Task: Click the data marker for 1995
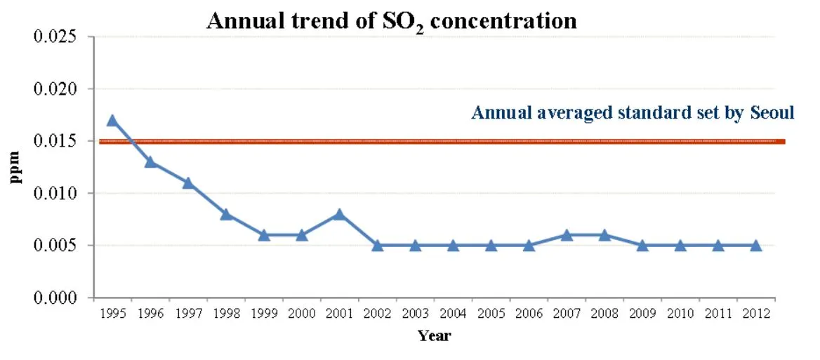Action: coord(112,121)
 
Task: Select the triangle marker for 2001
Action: coord(340,214)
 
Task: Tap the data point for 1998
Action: coord(226,214)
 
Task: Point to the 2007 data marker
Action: coord(567,235)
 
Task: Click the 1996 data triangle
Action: coord(150,162)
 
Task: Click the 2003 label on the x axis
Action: coord(415,313)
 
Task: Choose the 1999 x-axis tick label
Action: coord(263,313)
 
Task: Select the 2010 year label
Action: coord(680,313)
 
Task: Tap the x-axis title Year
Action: coord(434,335)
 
